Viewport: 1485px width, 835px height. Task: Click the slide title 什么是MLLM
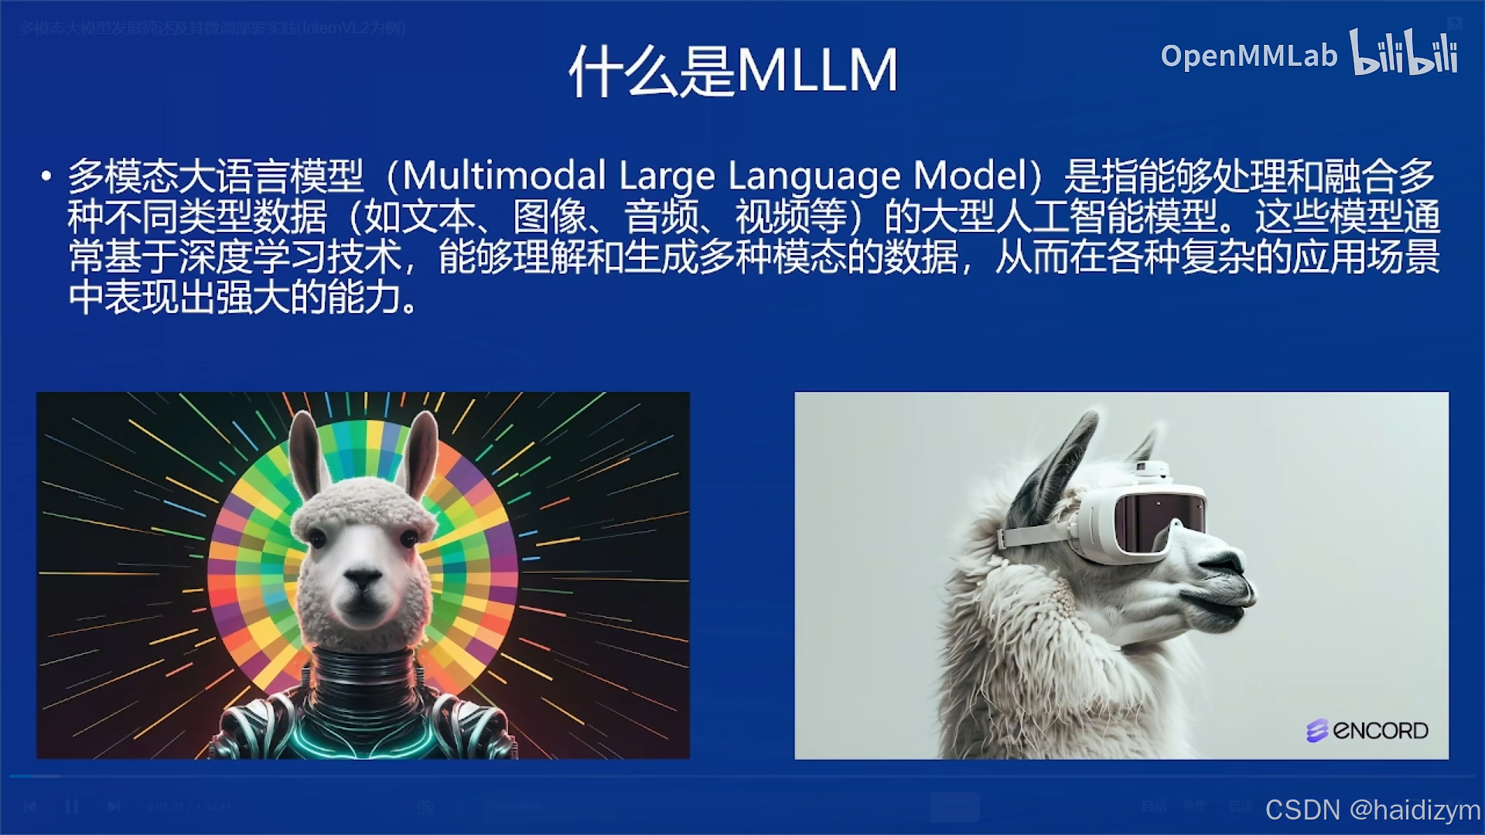733,71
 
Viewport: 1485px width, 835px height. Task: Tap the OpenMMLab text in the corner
1248,56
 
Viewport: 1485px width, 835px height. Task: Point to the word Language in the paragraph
814,176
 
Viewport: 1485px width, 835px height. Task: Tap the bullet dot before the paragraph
46,176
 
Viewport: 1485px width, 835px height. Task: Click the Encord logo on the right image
1367,730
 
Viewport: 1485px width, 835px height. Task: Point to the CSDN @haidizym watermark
1372,809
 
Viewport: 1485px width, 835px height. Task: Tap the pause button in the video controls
72,806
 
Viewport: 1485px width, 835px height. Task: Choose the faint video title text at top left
212,29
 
